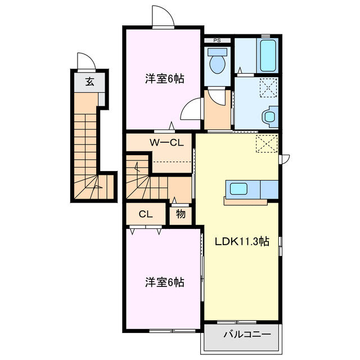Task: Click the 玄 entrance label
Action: tap(89, 82)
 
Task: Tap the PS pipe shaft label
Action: tap(217, 40)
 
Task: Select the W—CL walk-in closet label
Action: tap(166, 142)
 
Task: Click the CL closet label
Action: tap(146, 214)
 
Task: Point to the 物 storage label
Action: tap(181, 214)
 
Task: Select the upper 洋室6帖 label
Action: tap(164, 79)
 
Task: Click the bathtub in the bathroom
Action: tap(268, 56)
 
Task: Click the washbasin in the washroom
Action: tap(269, 116)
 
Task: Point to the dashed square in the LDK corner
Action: tap(267, 143)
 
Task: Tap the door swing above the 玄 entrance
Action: tap(84, 61)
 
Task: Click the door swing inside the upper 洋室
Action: tap(191, 107)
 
